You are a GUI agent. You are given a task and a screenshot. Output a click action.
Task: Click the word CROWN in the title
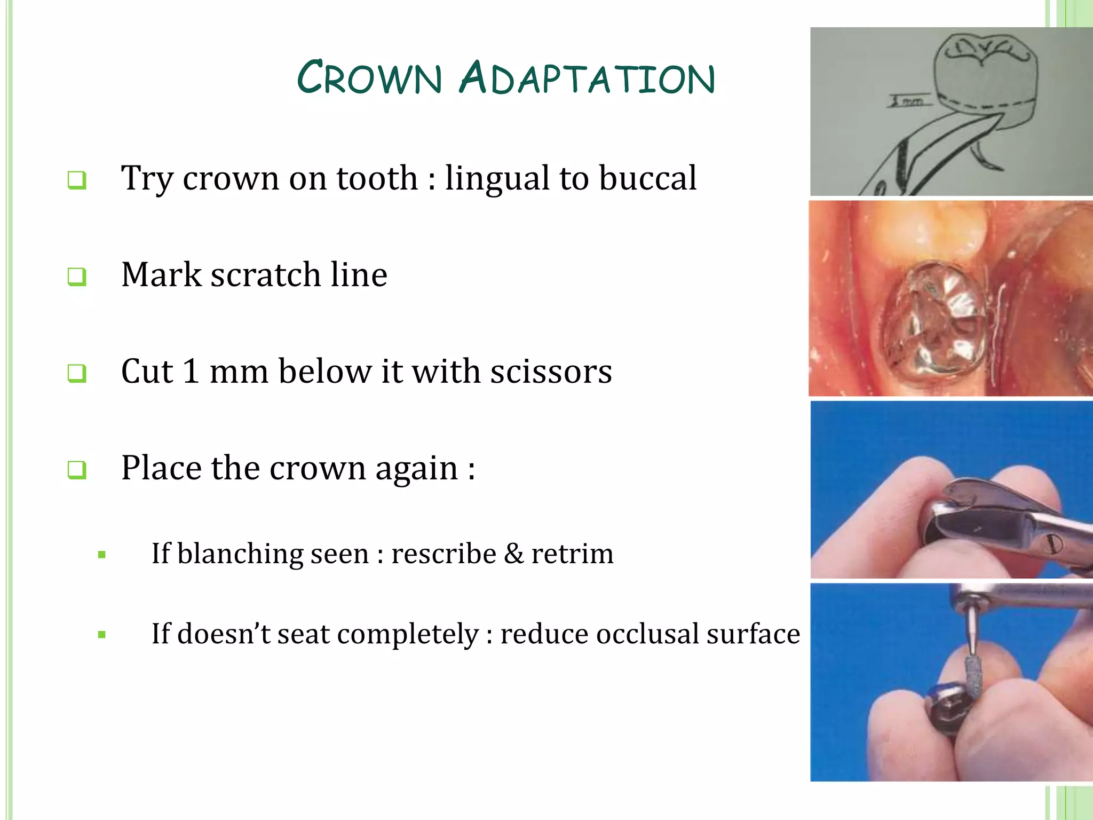pyautogui.click(x=370, y=78)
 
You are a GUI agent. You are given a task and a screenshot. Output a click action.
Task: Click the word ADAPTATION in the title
pyautogui.click(x=587, y=78)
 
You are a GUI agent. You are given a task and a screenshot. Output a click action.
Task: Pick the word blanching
pyautogui.click(x=240, y=554)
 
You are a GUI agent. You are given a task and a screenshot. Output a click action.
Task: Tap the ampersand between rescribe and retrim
pyautogui.click(x=513, y=554)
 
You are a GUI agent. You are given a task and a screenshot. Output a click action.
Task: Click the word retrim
pyautogui.click(x=572, y=554)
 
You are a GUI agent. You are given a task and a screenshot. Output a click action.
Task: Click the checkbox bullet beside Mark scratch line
pyautogui.click(x=77, y=277)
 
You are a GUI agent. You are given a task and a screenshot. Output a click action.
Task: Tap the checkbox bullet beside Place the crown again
pyautogui.click(x=77, y=470)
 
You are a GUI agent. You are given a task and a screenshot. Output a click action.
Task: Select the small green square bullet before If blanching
pyautogui.click(x=102, y=555)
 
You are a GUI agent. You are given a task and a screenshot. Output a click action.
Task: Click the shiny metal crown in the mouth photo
pyautogui.click(x=934, y=331)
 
